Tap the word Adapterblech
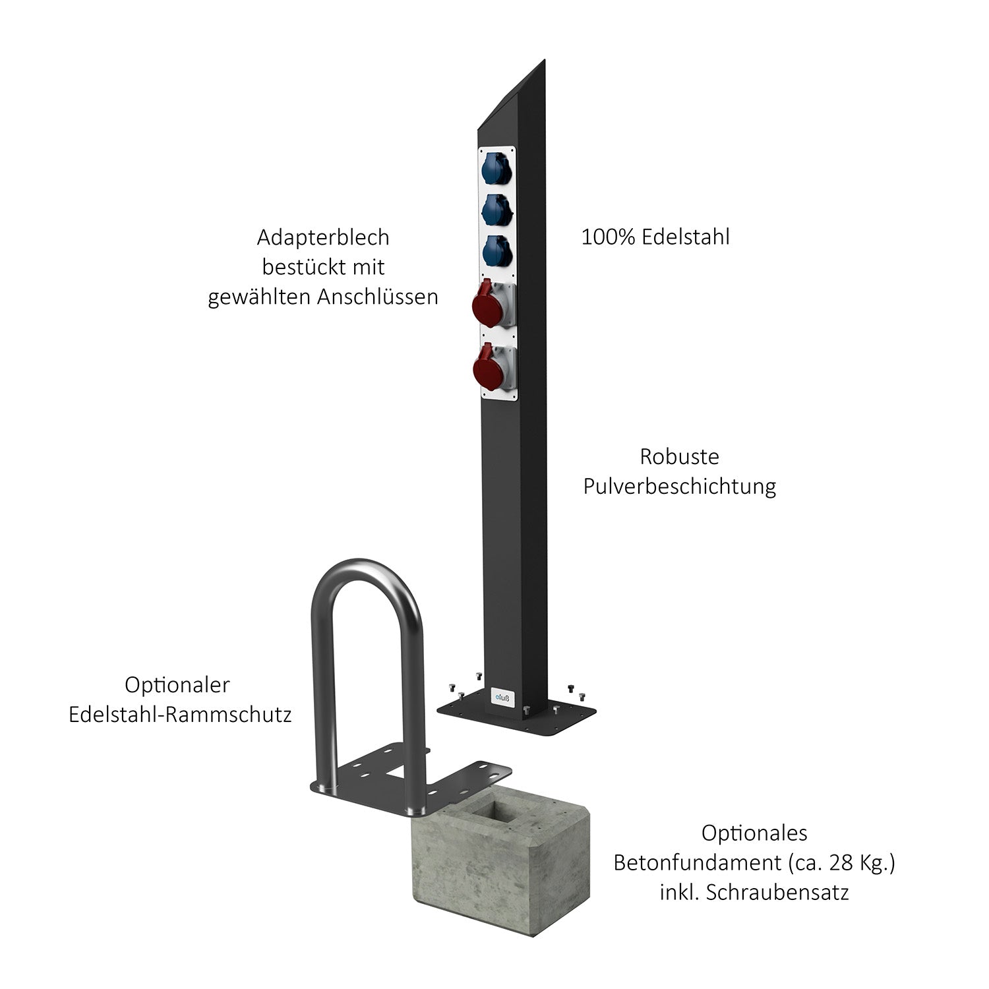[323, 237]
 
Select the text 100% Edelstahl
[655, 237]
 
